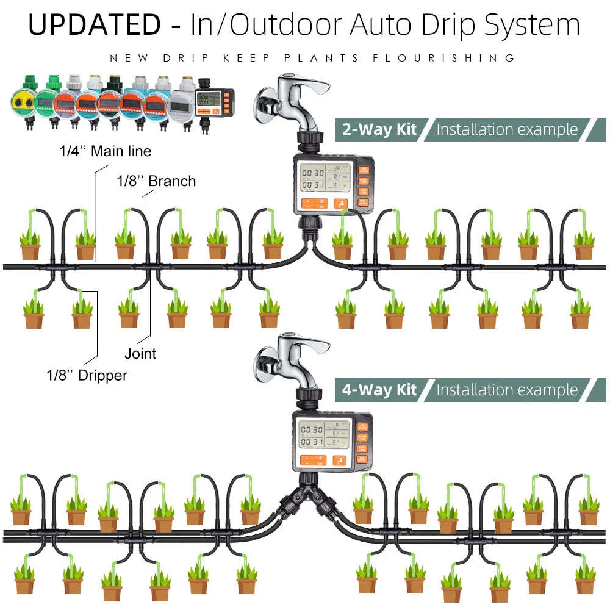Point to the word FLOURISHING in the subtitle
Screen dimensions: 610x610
pos(444,58)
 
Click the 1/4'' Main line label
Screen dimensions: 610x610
pos(105,151)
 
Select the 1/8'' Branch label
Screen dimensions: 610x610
pos(156,181)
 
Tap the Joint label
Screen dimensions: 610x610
pos(140,353)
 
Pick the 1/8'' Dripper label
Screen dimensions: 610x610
pos(87,375)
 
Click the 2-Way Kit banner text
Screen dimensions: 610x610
pos(379,129)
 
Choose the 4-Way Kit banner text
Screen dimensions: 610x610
pos(379,390)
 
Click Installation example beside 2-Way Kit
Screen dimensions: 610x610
pos(507,129)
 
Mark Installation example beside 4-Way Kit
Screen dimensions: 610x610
pos(507,390)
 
